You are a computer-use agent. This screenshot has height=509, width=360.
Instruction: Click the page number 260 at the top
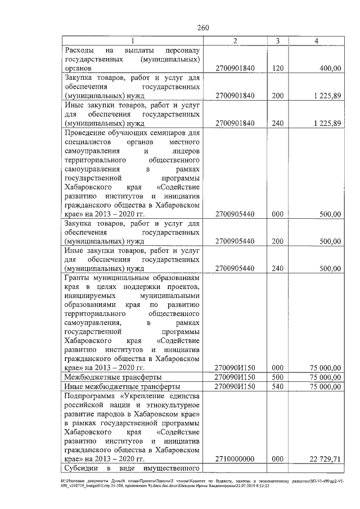pyautogui.click(x=204, y=28)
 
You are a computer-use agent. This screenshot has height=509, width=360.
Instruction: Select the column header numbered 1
pyautogui.click(x=133, y=41)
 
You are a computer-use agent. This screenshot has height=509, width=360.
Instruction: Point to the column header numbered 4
pyautogui.click(x=317, y=41)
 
